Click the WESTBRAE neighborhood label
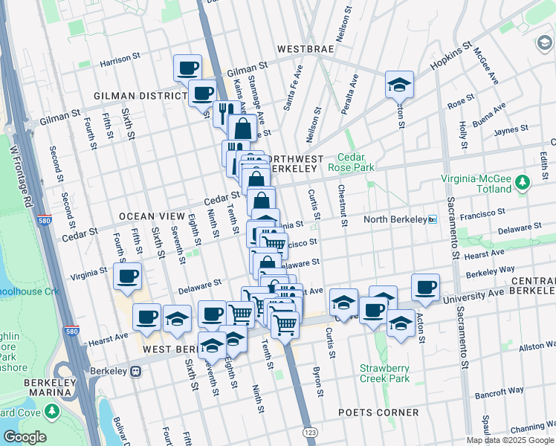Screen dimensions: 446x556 [x=308, y=49]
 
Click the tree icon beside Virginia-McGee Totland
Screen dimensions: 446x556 [x=523, y=182]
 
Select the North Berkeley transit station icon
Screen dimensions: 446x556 [x=432, y=219]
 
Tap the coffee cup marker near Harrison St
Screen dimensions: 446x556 [x=188, y=68]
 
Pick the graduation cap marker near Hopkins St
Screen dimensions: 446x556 [x=399, y=85]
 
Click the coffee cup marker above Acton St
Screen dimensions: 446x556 [x=425, y=288]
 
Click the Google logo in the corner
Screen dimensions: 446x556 [x=24, y=437]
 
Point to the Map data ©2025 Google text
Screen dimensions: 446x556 [x=510, y=440]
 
